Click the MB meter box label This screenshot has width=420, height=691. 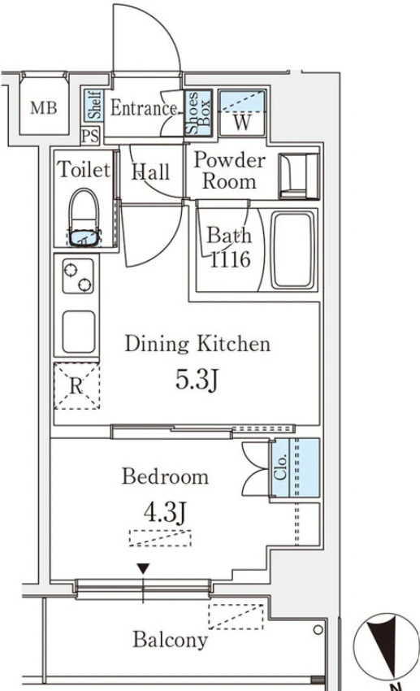(x=44, y=107)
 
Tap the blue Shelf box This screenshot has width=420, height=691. (x=93, y=105)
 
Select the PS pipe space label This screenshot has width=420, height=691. (x=90, y=135)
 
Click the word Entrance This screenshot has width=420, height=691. (x=144, y=107)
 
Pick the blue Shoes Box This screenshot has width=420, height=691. (x=198, y=113)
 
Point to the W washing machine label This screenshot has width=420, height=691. (x=242, y=122)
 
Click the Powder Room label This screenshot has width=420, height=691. (x=229, y=171)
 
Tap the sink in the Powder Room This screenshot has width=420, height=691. (x=298, y=176)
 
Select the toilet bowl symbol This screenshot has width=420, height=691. (x=84, y=217)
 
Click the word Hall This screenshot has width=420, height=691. (x=150, y=172)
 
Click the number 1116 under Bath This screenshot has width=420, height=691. (x=230, y=259)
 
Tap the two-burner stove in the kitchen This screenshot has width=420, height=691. (x=78, y=276)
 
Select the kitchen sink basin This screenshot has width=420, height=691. (x=78, y=332)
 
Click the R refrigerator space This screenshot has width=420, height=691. (x=76, y=386)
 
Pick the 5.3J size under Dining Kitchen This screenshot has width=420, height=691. (x=197, y=379)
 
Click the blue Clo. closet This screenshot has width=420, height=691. (x=294, y=468)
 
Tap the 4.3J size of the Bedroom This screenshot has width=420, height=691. (x=165, y=512)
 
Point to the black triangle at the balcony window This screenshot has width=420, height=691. (x=143, y=568)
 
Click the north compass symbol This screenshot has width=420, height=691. (x=386, y=646)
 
